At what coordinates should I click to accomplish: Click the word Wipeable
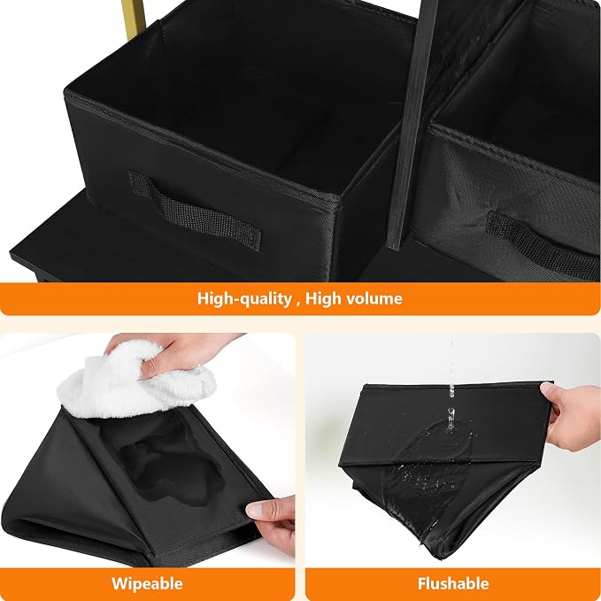[147, 584]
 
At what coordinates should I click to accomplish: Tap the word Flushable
[453, 583]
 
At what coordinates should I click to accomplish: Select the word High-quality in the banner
[244, 298]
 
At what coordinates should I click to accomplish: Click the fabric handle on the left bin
[195, 211]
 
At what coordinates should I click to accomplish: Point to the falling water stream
[451, 383]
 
